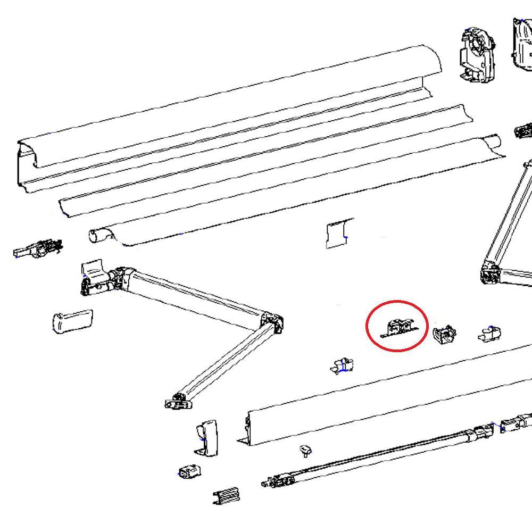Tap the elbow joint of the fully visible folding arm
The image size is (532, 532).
point(272,322)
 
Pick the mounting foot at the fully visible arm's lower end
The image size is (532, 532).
point(178,402)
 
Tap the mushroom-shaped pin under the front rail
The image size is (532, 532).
point(305,451)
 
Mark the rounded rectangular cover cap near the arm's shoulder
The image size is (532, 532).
point(72,321)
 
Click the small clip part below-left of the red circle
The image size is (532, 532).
point(342,366)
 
